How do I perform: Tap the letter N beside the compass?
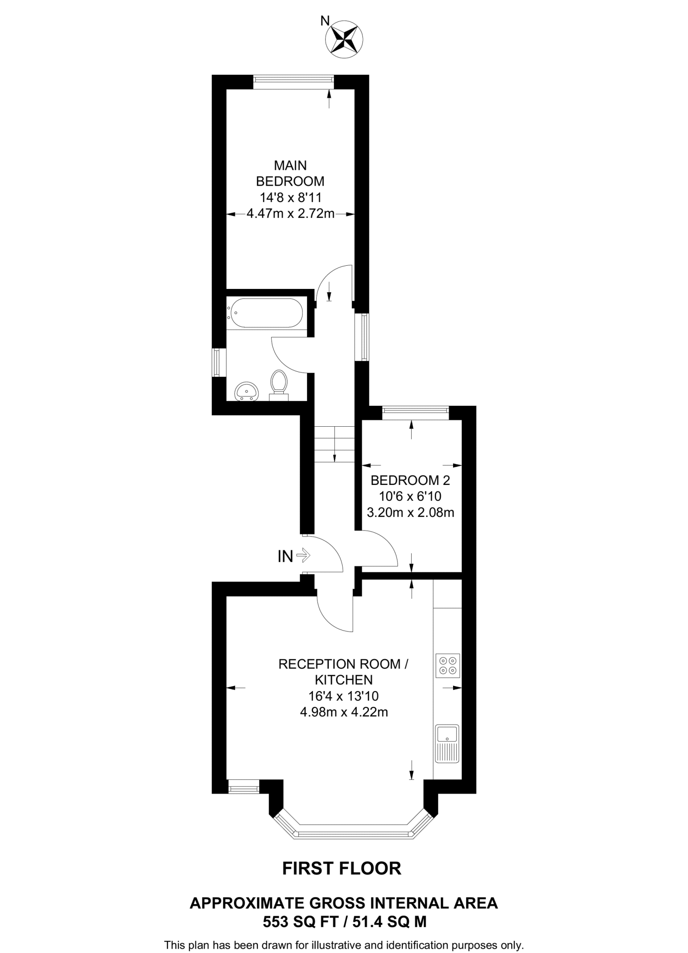coord(325,20)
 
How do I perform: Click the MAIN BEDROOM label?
coord(290,173)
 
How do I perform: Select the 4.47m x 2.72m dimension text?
coord(290,214)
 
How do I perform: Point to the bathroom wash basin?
coord(247,391)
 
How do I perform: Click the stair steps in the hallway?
coord(334,444)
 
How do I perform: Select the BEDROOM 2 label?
coord(410,480)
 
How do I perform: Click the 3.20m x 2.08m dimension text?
coord(410,513)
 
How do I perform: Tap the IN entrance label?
coord(285,556)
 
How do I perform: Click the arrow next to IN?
coord(303,555)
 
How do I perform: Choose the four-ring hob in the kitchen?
coord(448,665)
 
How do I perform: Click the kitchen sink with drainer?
coord(447,744)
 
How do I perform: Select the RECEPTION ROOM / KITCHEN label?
coord(343,672)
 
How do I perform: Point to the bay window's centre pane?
coord(354,834)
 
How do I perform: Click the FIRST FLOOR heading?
coord(342,868)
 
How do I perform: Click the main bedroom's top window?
coord(294,82)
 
